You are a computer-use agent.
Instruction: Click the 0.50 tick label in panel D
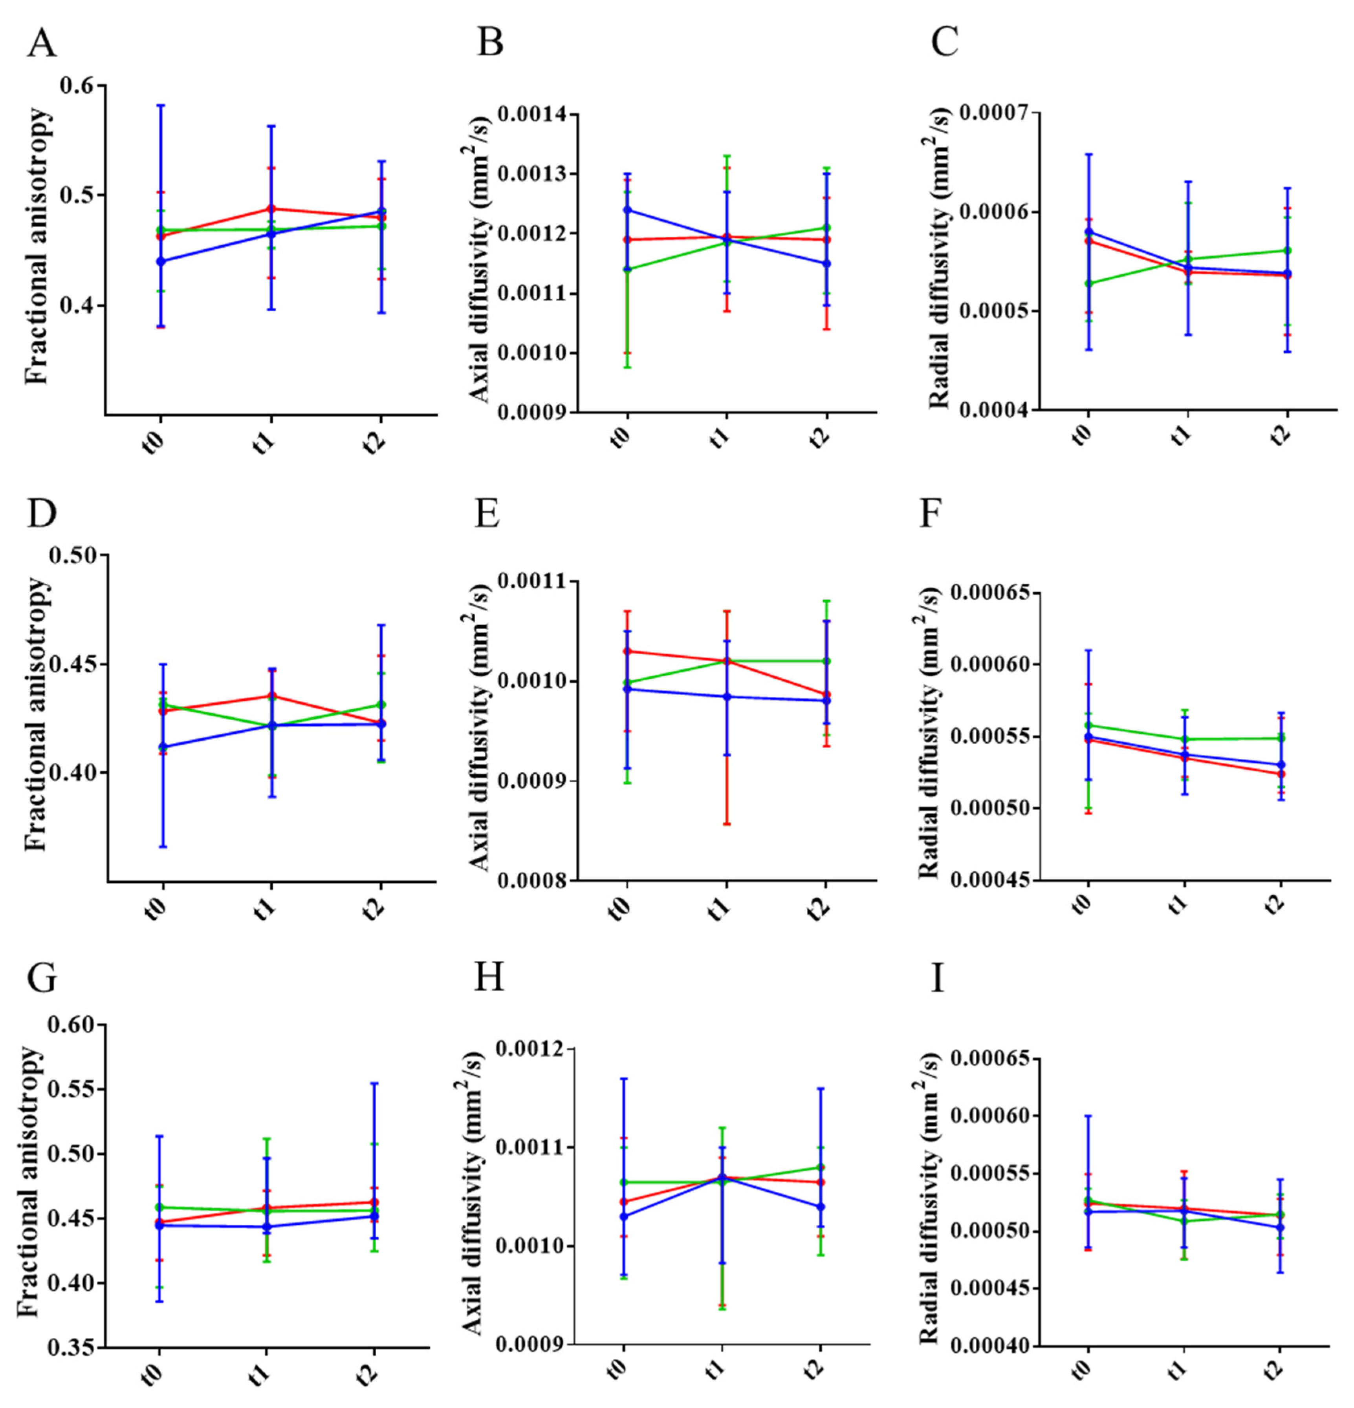(74, 555)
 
